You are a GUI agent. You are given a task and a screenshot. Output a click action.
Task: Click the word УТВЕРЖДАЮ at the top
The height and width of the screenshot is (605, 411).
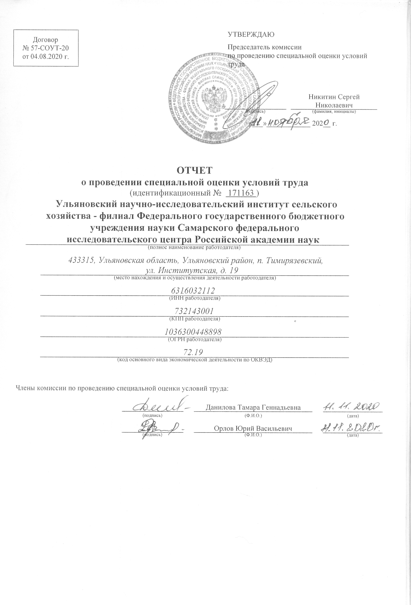pyautogui.click(x=251, y=35)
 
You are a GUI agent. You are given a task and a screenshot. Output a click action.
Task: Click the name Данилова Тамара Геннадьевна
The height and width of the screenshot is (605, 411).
pyautogui.click(x=253, y=407)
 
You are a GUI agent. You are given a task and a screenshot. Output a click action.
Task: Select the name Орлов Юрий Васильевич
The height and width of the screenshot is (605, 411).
pyautogui.click(x=253, y=428)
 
